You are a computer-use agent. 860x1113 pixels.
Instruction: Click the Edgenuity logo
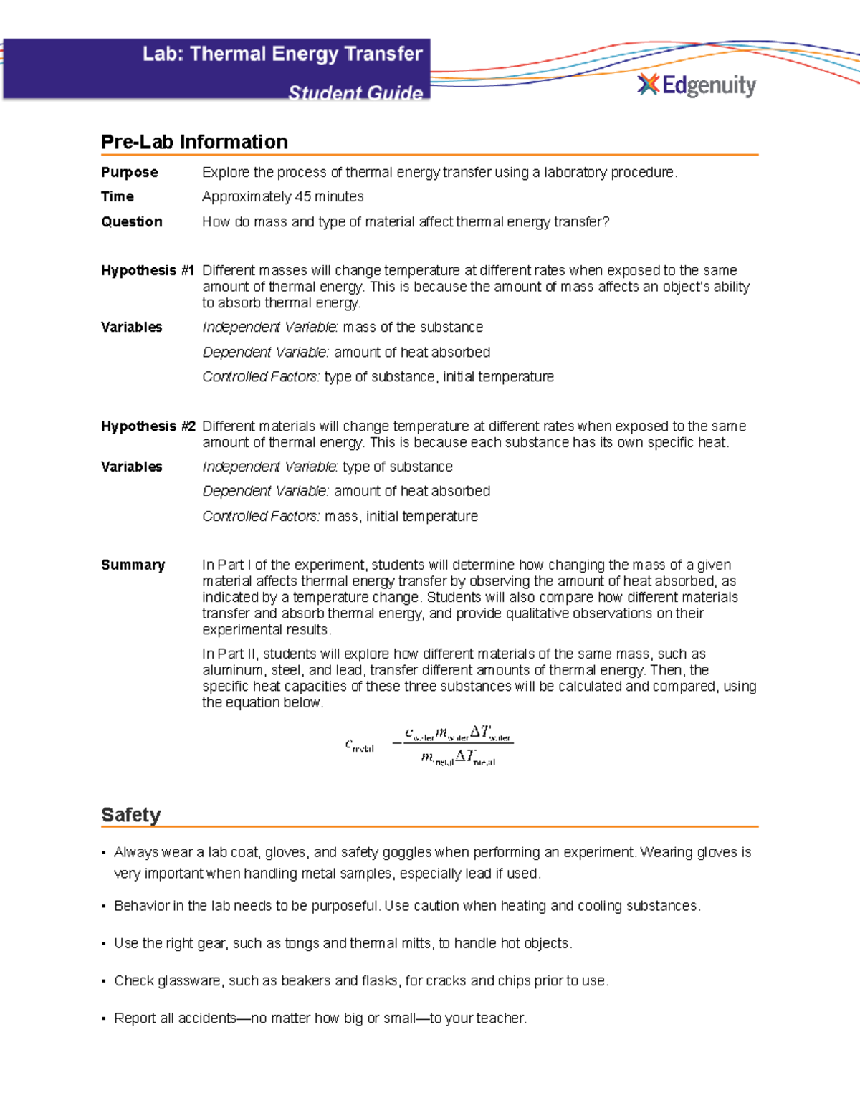tap(697, 85)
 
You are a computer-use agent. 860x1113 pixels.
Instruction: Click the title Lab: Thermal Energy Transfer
tap(282, 54)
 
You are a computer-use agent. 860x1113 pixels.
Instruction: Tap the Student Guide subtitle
tap(355, 92)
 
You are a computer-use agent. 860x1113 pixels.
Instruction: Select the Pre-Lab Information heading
tap(194, 142)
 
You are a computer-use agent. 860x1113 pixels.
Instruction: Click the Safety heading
tap(130, 815)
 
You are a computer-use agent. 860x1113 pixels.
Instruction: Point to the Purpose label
tap(130, 173)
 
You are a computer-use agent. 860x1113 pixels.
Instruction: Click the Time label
tap(118, 197)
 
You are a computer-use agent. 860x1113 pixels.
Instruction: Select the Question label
tap(132, 222)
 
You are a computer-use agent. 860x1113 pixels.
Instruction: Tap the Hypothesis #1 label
tap(148, 271)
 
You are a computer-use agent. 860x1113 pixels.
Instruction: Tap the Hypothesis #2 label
tap(148, 426)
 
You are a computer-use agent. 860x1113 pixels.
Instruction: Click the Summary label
tap(133, 565)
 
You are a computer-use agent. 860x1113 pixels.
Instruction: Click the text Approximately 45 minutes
tap(282, 197)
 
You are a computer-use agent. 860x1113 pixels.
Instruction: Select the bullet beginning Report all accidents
tap(320, 1018)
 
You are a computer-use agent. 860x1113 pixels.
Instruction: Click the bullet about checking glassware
tap(360, 981)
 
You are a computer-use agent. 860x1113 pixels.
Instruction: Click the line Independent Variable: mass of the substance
tap(343, 328)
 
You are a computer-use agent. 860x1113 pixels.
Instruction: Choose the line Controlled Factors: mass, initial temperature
tap(340, 517)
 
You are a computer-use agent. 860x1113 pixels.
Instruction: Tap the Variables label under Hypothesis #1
tap(132, 328)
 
